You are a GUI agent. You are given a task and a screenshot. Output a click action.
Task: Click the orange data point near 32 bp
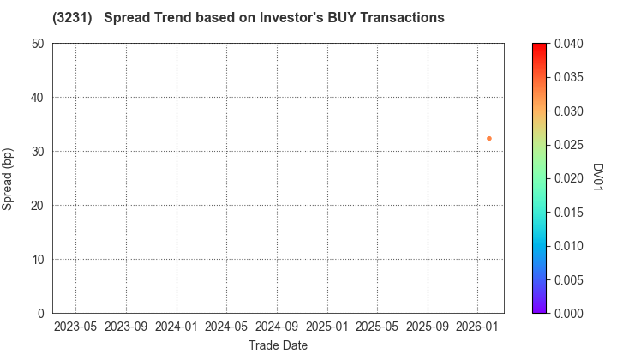(489, 138)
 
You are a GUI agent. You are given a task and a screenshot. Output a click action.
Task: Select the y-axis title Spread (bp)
(10, 178)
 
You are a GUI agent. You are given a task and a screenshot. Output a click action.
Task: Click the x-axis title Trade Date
(278, 345)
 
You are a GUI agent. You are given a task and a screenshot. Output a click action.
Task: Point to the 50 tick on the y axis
(39, 44)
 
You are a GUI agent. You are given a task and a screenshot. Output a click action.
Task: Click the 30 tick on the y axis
(39, 152)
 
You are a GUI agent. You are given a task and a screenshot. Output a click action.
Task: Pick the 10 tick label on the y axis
(39, 260)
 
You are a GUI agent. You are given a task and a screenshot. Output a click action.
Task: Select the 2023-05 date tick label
(75, 327)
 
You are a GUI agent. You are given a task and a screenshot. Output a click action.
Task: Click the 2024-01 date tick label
(177, 327)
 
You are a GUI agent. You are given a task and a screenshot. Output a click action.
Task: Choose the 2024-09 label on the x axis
(277, 327)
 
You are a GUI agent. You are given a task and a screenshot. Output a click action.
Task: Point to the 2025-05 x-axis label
(377, 327)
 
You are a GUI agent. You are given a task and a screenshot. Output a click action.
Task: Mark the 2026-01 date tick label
(477, 327)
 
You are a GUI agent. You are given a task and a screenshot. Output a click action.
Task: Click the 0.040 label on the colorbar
(570, 44)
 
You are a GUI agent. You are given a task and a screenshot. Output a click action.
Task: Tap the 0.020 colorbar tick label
(570, 178)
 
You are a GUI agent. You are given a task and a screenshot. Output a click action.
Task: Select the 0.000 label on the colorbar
(570, 314)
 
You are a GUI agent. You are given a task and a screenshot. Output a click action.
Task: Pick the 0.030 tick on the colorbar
(570, 111)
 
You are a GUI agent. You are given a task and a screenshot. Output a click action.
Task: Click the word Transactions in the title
(395, 17)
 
